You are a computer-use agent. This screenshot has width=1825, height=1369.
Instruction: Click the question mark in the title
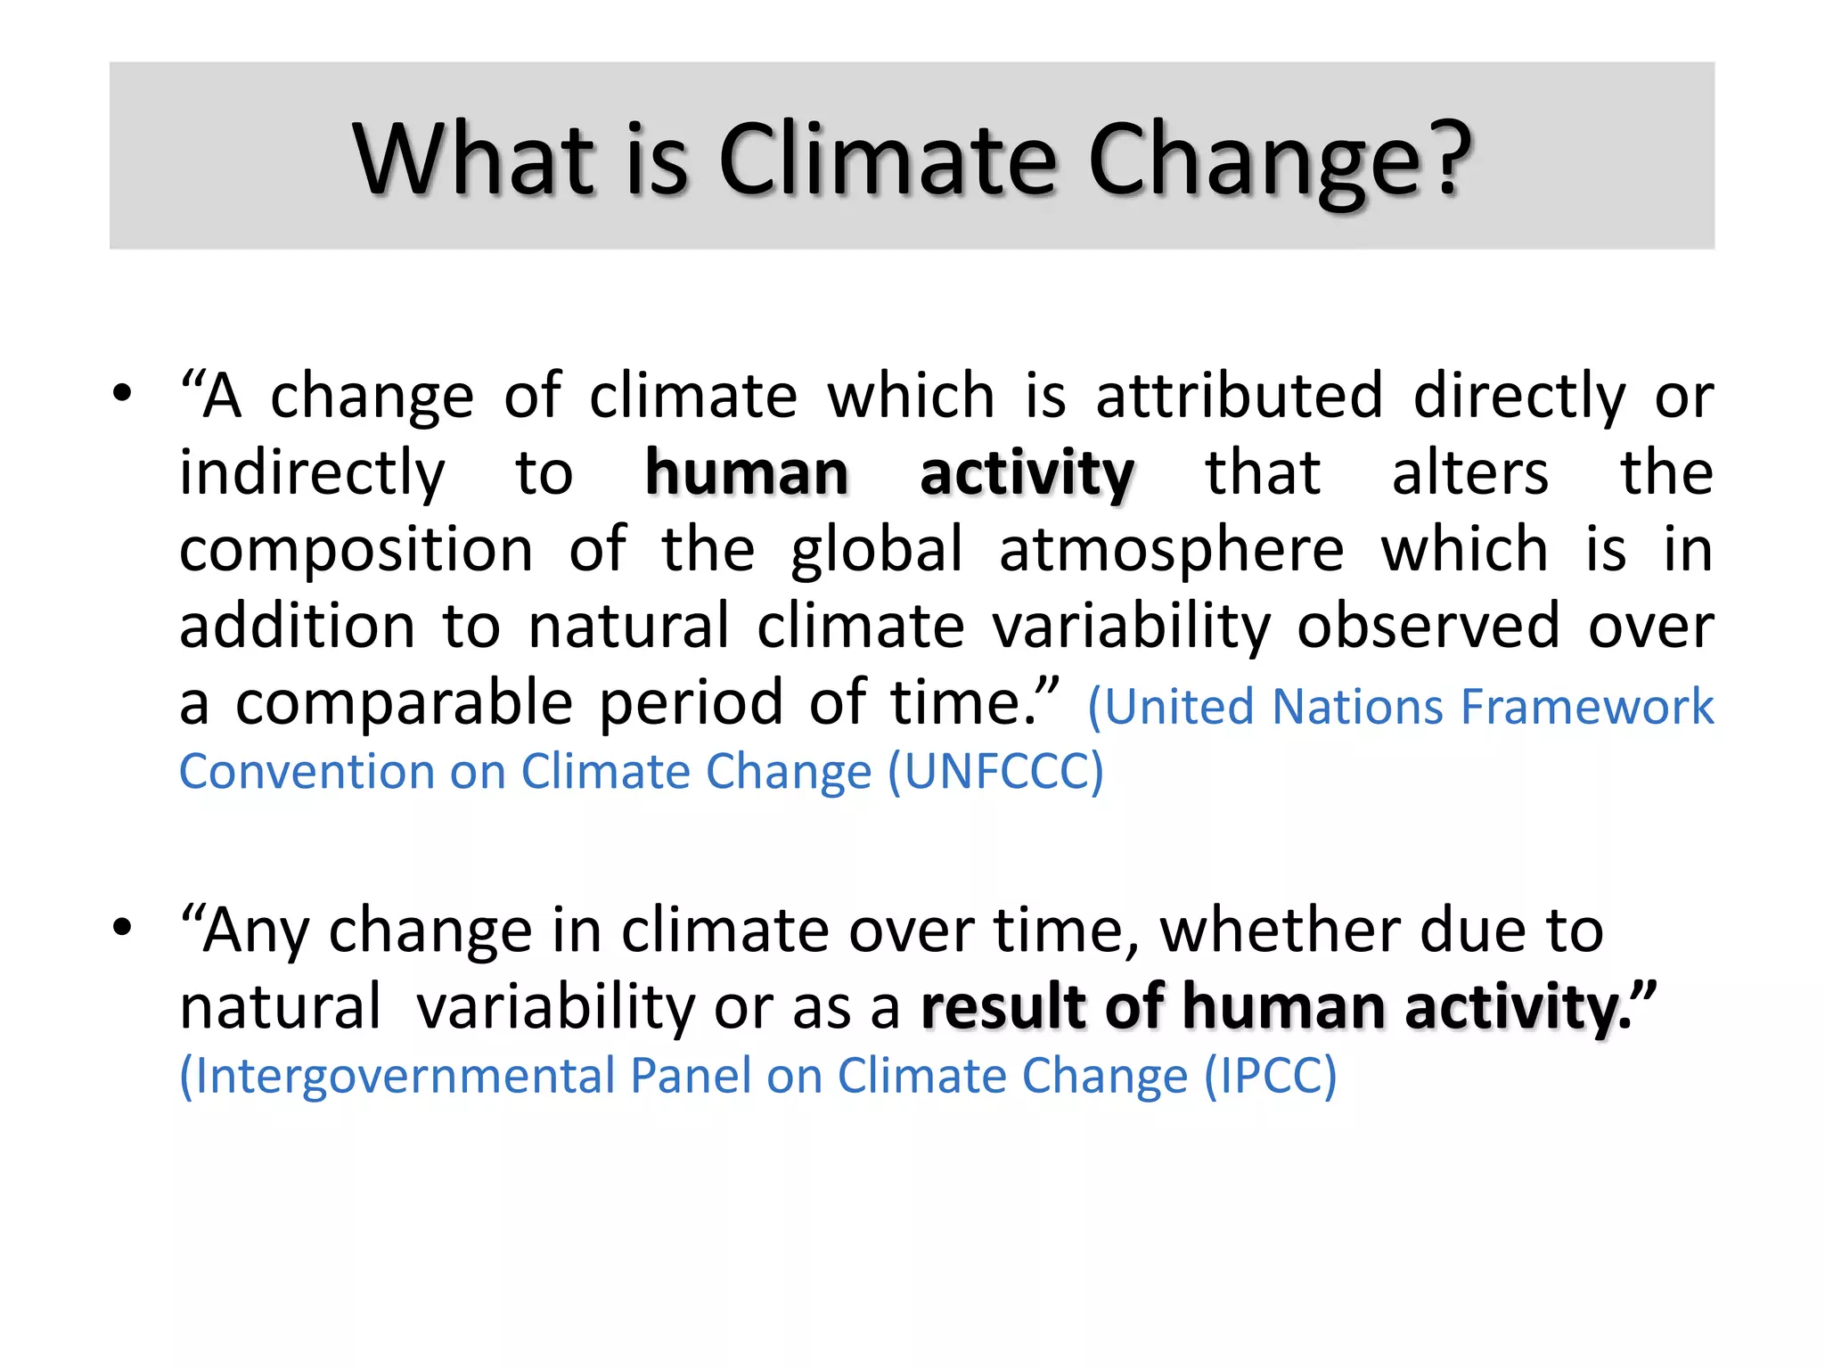(x=1442, y=159)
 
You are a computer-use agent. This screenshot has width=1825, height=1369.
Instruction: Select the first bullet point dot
(x=122, y=392)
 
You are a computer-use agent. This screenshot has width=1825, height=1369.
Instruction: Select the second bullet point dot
(x=122, y=927)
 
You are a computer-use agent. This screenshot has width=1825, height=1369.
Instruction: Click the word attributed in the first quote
(x=1239, y=396)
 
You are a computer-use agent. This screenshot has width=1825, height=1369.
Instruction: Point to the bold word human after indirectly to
(x=747, y=472)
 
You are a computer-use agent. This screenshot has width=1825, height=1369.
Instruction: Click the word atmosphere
(x=1171, y=549)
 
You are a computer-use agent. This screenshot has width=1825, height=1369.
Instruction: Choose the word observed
(x=1428, y=626)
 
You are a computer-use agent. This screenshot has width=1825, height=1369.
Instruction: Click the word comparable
(x=404, y=704)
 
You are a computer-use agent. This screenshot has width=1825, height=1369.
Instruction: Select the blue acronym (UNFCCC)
(x=995, y=772)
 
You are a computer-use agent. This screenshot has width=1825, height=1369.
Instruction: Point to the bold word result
(x=1005, y=1007)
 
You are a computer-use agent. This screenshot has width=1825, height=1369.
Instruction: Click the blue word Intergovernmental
(x=397, y=1077)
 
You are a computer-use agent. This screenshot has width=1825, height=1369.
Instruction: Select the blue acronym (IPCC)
(x=1271, y=1077)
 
